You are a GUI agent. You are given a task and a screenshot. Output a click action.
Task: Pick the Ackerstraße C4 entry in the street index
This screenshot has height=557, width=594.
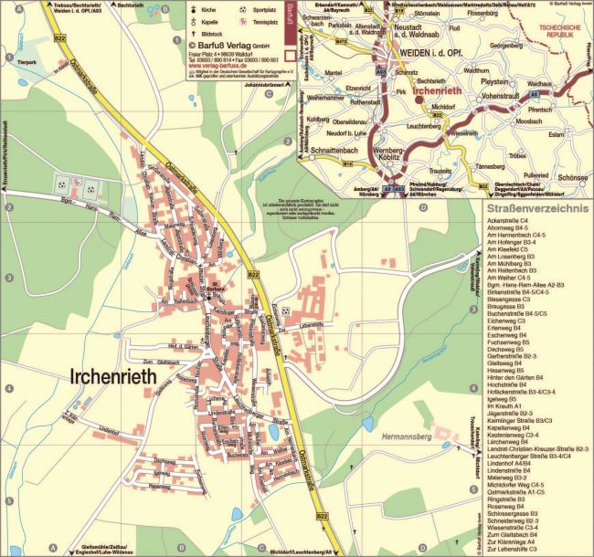coord(507,221)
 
